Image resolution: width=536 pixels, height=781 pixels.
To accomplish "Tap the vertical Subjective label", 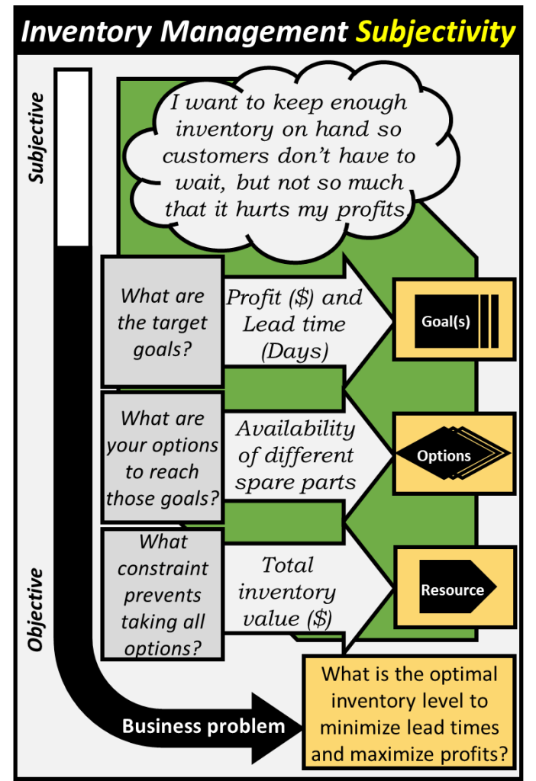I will click(x=36, y=138).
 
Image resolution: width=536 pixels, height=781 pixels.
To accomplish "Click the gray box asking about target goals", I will click(x=162, y=323).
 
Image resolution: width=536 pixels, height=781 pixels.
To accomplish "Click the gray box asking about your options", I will click(x=162, y=458).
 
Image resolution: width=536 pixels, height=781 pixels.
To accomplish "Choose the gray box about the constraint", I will click(x=162, y=595).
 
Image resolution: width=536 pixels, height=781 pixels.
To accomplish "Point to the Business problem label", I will click(x=203, y=726).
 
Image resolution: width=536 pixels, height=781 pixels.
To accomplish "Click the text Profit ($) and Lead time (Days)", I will click(x=294, y=324).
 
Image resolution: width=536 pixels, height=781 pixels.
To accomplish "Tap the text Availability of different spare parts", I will click(x=295, y=455).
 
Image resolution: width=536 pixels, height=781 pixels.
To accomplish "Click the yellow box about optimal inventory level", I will click(x=409, y=714).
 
